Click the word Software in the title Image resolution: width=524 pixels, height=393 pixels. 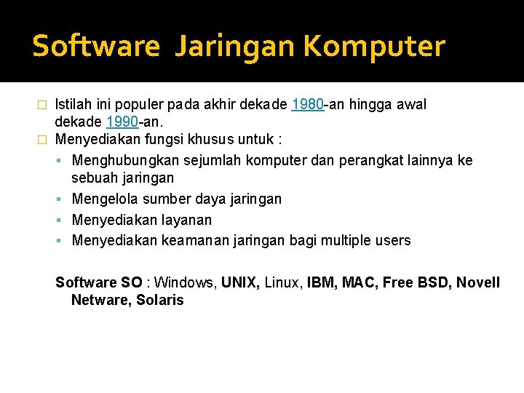point(95,46)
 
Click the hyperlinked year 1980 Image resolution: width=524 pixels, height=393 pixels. point(307,105)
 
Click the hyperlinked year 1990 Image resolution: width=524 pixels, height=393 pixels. point(122,121)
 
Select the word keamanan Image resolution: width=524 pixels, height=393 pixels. point(192,240)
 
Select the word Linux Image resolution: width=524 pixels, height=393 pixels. point(284,282)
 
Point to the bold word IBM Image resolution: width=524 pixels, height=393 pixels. point(322,282)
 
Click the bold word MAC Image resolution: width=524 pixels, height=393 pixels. point(360,282)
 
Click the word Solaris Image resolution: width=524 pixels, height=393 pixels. point(160,300)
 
